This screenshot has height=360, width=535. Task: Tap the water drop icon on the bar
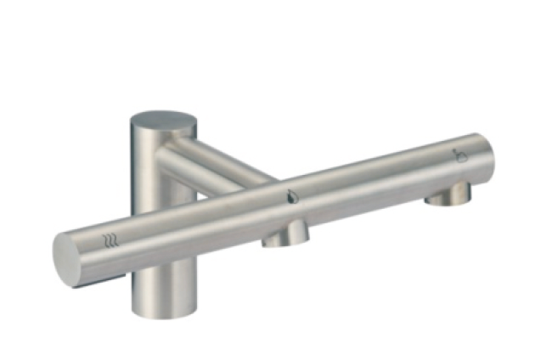292,196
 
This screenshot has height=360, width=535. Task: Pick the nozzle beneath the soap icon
448,194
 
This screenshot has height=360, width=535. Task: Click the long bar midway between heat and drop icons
200,222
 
